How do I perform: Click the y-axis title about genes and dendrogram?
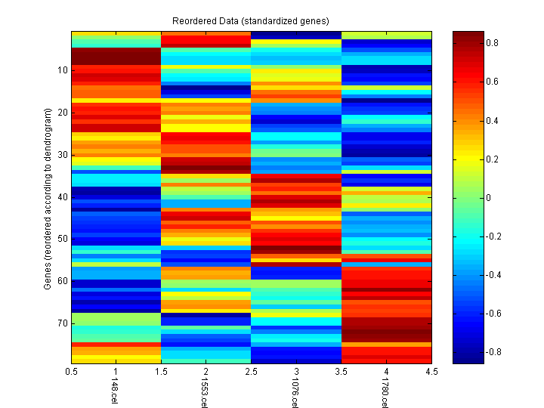pos(48,199)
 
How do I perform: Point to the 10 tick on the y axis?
pos(62,70)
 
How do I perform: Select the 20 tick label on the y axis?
pos(62,113)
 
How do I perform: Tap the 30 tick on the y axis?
pos(62,155)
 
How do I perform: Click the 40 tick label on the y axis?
pos(62,197)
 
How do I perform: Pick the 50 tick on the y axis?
pos(62,239)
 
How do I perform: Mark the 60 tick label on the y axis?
pos(62,281)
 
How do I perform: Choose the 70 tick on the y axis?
pos(62,323)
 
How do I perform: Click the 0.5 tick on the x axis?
pos(72,372)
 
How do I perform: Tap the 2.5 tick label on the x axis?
pos(252,372)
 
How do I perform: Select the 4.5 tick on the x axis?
pos(431,372)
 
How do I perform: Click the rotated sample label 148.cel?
pos(113,393)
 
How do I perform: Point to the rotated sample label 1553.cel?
pos(203,395)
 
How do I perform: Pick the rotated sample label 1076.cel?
pos(293,395)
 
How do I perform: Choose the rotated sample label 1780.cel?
pos(383,395)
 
